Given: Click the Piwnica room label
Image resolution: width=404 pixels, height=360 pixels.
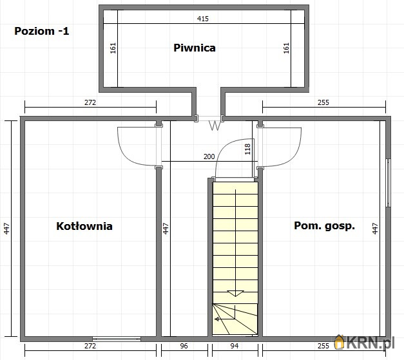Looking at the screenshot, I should pyautogui.click(x=194, y=47).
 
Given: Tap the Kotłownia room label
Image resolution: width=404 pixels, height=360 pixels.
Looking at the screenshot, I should pyautogui.click(x=84, y=226).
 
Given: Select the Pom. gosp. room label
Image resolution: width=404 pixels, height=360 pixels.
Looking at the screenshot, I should pyautogui.click(x=324, y=226).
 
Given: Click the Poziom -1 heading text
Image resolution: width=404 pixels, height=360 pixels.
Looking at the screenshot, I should pyautogui.click(x=41, y=30).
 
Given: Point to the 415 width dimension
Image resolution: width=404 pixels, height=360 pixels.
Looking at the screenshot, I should pyautogui.click(x=203, y=19).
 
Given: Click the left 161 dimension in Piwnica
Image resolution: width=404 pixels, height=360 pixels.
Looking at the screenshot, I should pyautogui.click(x=113, y=48).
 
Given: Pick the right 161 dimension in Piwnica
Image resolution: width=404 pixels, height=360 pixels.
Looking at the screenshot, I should pyautogui.click(x=286, y=48).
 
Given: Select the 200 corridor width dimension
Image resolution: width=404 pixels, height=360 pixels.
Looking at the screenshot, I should pyautogui.click(x=209, y=156).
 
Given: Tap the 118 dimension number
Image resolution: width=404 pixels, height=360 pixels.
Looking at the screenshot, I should pyautogui.click(x=247, y=149).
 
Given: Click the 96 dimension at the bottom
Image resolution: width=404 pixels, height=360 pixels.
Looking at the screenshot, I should pyautogui.click(x=184, y=346).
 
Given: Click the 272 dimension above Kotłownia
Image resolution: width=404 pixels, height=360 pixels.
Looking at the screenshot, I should pyautogui.click(x=90, y=102).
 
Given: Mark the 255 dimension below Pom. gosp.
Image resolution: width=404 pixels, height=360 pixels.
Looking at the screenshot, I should pyautogui.click(x=323, y=346).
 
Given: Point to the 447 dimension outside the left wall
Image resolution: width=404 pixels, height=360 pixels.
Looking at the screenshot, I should pyautogui.click(x=6, y=228).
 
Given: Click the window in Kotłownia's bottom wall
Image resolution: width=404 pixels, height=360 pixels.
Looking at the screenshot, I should pyautogui.click(x=117, y=338).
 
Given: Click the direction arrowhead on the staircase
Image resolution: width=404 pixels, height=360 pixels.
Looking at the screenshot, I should pyautogui.click(x=236, y=293).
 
